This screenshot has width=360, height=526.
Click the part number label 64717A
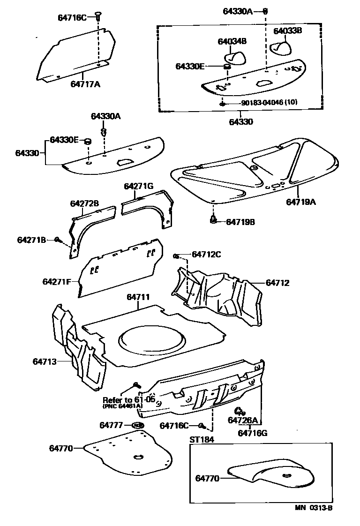(x=85, y=84)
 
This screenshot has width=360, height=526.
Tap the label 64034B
(x=232, y=41)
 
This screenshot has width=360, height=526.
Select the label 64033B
(x=287, y=31)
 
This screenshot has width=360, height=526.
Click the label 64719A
(x=301, y=202)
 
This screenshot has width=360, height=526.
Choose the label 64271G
(x=139, y=186)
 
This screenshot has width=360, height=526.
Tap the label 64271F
(x=56, y=282)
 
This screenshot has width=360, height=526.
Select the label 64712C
(x=206, y=255)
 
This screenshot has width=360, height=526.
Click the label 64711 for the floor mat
(x=138, y=297)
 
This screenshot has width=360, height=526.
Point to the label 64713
(x=45, y=361)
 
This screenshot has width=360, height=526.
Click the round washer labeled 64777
(x=138, y=425)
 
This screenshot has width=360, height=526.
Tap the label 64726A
(x=242, y=420)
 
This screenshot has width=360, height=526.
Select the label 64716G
(x=252, y=433)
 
